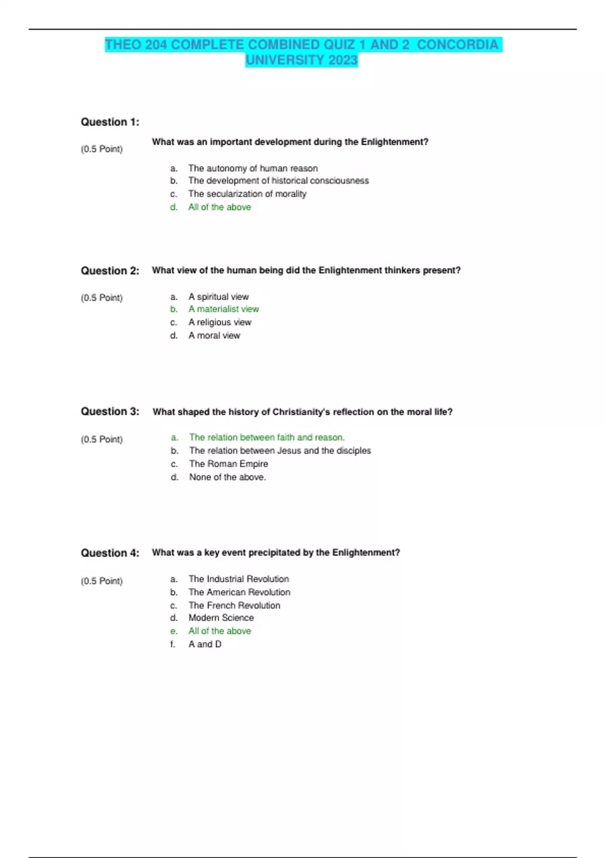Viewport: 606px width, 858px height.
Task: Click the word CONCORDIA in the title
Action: [x=458, y=45]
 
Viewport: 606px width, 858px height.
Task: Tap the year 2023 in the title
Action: [x=342, y=60]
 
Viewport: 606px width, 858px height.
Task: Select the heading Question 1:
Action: [x=110, y=122]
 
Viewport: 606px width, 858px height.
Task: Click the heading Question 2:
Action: [x=110, y=271]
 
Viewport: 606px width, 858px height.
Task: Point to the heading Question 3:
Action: [x=110, y=412]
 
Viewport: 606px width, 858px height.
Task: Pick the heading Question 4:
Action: [x=110, y=553]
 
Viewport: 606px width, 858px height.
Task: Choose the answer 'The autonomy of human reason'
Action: [x=253, y=169]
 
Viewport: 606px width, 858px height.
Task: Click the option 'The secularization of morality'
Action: [x=247, y=194]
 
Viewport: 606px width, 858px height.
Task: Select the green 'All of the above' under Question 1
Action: [x=219, y=207]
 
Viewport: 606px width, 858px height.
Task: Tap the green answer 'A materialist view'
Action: [x=223, y=309]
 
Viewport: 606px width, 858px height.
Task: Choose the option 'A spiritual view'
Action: [x=218, y=297]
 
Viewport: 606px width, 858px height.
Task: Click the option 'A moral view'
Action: [x=214, y=336]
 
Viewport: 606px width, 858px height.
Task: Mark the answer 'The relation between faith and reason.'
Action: [x=267, y=438]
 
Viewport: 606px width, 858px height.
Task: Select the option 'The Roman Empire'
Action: [x=228, y=464]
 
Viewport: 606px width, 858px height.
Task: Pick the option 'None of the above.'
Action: [x=227, y=477]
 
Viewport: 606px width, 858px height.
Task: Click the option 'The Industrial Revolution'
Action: [x=238, y=579]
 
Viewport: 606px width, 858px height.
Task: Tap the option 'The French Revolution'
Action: [x=234, y=605]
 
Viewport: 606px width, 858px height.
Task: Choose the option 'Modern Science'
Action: [x=221, y=618]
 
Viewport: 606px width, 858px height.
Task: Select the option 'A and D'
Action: [x=205, y=644]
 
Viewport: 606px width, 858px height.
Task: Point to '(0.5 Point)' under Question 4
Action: [x=102, y=581]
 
